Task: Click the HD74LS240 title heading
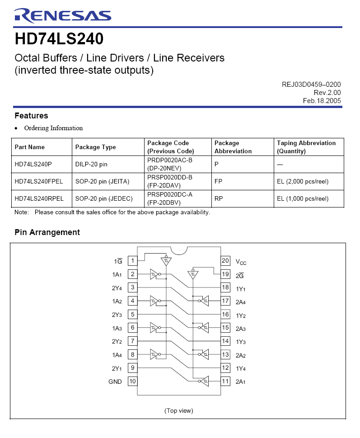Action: [59, 39]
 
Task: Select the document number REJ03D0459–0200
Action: [311, 85]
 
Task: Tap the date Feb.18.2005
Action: [322, 101]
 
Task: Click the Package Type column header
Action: [95, 147]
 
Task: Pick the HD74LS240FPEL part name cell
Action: [39, 181]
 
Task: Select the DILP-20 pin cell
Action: [91, 164]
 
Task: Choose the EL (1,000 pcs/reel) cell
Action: [303, 198]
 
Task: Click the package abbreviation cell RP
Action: [219, 198]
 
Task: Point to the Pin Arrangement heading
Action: [47, 232]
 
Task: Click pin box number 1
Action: [132, 261]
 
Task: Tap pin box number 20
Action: [225, 261]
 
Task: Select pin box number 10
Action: [132, 381]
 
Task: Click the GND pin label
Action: [115, 381]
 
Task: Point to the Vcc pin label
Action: [241, 261]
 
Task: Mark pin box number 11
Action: [225, 381]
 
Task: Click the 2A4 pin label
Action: [241, 301]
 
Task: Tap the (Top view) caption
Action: [178, 410]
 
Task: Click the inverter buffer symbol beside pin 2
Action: [155, 274]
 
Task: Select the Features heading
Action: [31, 116]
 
